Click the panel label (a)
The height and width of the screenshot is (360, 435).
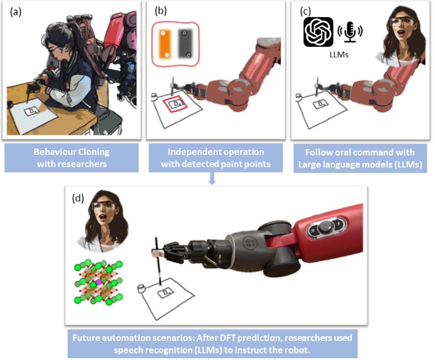pyautogui.click(x=16, y=12)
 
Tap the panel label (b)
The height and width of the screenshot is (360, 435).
pyautogui.click(x=161, y=11)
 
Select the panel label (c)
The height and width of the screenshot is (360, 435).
pyautogui.click(x=305, y=11)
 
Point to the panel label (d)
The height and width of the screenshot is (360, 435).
pyautogui.click(x=78, y=198)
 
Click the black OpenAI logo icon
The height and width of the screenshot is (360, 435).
pyautogui.click(x=318, y=32)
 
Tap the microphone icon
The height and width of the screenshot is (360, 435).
pyautogui.click(x=350, y=31)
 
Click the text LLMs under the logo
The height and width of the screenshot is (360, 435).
pyautogui.click(x=339, y=54)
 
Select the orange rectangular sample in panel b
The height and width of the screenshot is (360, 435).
pyautogui.click(x=165, y=44)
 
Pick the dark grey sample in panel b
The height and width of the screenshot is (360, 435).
pyautogui.click(x=185, y=43)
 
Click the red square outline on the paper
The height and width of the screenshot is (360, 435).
pyautogui.click(x=175, y=104)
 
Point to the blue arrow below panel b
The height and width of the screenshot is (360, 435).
pyautogui.click(x=212, y=178)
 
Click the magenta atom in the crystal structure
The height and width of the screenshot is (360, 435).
pyautogui.click(x=98, y=282)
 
